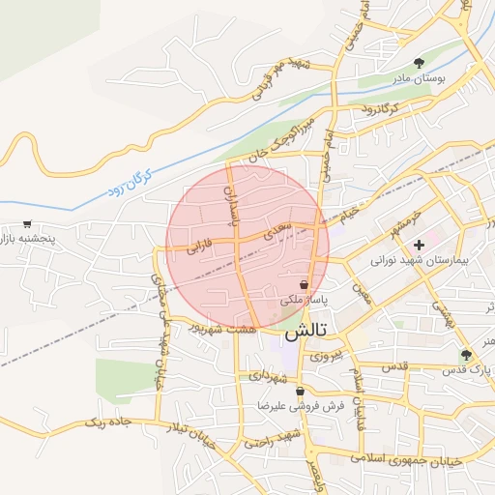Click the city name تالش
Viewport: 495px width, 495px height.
click(x=307, y=329)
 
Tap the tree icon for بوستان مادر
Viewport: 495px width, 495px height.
click(x=419, y=63)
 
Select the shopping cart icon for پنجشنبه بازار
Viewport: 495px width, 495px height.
click(x=28, y=224)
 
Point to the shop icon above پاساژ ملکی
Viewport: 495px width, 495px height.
click(x=305, y=285)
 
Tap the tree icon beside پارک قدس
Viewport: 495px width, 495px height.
click(x=466, y=355)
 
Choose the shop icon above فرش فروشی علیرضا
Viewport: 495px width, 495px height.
click(x=301, y=392)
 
